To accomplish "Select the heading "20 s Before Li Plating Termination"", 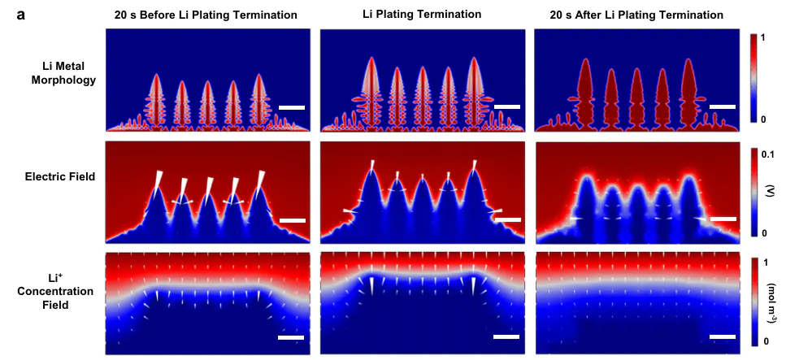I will point(205,15).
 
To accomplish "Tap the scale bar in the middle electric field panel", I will point(506,219).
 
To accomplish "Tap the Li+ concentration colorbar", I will point(755,301).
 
